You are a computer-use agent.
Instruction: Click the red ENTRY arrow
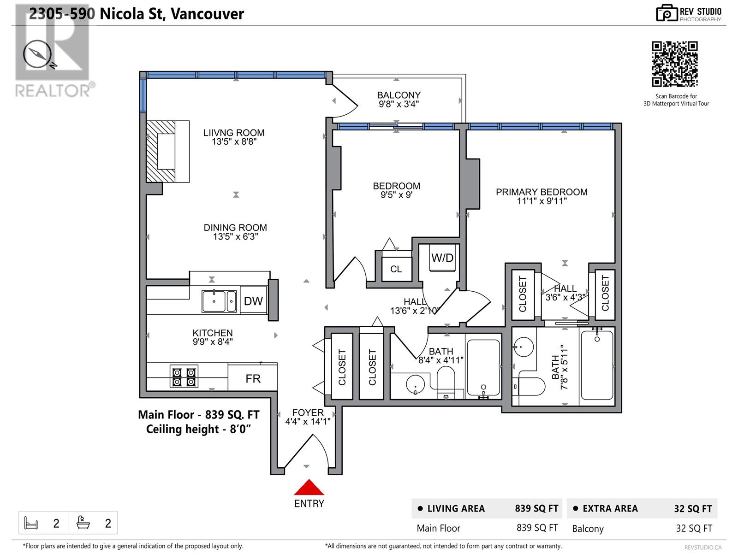pos(309,488)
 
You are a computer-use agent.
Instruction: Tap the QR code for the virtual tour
pos(674,64)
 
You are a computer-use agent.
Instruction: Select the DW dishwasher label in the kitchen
pos(253,301)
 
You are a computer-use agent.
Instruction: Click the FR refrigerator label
pos(253,379)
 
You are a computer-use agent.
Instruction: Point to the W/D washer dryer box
pos(442,258)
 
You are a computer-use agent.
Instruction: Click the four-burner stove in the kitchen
pos(184,377)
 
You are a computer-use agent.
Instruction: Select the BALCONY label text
pos(399,95)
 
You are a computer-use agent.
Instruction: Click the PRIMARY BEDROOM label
pos(542,192)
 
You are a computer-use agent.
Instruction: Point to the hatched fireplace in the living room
pos(161,152)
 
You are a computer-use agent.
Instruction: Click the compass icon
pos(37,54)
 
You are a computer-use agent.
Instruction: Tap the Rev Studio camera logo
pos(667,13)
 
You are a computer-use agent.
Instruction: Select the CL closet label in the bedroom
pos(396,269)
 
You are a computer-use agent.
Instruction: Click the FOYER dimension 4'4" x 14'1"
pos(308,421)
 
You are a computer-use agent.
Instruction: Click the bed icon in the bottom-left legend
pos(31,523)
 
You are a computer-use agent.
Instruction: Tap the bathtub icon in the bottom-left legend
pos(83,523)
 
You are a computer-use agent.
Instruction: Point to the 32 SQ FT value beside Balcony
pos(694,528)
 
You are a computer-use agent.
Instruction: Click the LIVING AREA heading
pos(456,508)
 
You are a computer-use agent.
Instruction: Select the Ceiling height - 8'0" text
pos(199,429)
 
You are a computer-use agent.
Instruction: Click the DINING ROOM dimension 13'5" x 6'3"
pos(235,236)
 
